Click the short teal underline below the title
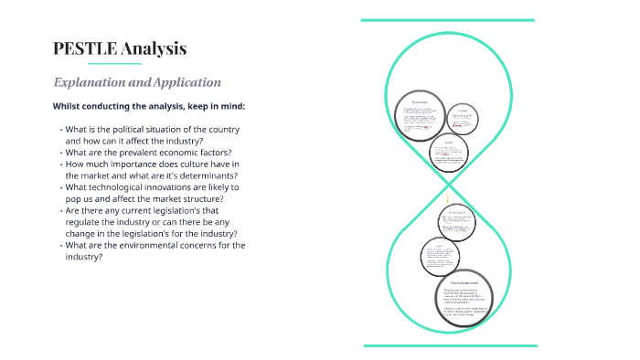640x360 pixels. point(98,65)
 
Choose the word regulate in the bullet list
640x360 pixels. point(85,222)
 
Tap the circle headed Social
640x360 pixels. point(448,155)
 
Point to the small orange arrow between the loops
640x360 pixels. point(448,195)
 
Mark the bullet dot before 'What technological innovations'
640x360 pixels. point(61,187)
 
